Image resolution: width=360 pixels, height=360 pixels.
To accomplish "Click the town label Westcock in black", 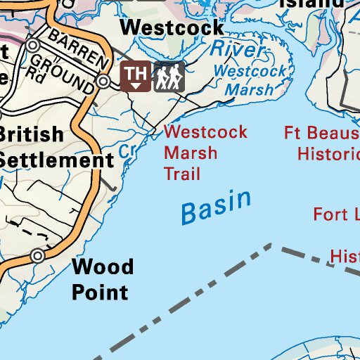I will click(173, 27).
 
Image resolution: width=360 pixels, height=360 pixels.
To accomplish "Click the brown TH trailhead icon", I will click(136, 76).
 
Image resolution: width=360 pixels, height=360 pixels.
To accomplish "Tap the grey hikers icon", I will click(169, 76).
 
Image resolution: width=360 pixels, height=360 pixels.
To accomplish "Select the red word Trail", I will click(181, 174).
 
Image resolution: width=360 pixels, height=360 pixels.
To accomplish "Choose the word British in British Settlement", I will click(32, 134).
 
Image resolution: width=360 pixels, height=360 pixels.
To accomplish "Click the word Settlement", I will click(56, 160).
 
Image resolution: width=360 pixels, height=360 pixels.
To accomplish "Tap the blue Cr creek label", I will click(127, 150).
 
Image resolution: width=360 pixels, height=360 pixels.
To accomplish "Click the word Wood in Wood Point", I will click(103, 266).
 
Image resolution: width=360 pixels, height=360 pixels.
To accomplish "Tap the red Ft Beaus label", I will click(322, 132).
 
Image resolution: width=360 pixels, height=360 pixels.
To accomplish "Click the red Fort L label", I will click(336, 214).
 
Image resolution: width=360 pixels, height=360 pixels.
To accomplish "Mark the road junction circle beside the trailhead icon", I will click(104, 82).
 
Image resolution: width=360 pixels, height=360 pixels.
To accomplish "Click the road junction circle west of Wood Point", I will click(38, 256).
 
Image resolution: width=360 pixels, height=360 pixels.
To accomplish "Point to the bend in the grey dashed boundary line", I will click(272, 245).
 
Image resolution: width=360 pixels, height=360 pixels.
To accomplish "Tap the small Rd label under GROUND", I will click(34, 70).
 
